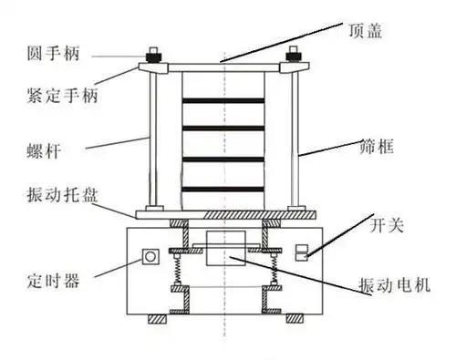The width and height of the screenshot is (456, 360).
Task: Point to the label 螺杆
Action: coord(42,146)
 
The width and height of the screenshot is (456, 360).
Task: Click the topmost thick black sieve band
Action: coord(223,99)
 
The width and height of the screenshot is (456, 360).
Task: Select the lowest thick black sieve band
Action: coord(223,189)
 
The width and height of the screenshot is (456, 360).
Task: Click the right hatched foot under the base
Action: coord(295,319)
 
